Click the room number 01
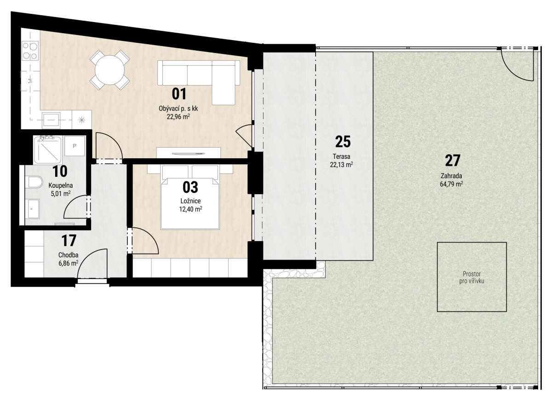(179, 94)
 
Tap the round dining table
(109, 70)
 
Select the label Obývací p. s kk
(178, 109)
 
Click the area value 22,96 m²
(178, 116)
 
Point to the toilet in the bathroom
(35, 182)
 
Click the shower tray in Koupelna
(48, 150)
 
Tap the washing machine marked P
(75, 146)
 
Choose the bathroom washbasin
(34, 209)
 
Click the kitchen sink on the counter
(51, 120)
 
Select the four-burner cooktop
(30, 51)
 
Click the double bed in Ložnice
(190, 197)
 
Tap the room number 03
(190, 187)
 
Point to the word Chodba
(68, 255)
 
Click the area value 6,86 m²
(68, 263)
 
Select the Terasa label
(341, 157)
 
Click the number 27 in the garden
(453, 161)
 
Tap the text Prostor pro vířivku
(471, 278)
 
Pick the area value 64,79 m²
(451, 184)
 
